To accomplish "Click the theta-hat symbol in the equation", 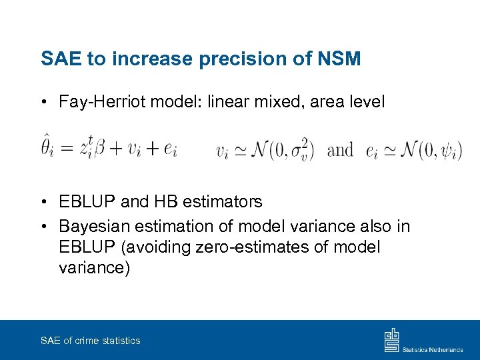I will tap(46, 148).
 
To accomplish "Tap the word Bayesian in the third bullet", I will tap(94, 227).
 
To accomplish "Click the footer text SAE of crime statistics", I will tap(90, 341).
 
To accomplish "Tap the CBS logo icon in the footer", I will tap(391, 340).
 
